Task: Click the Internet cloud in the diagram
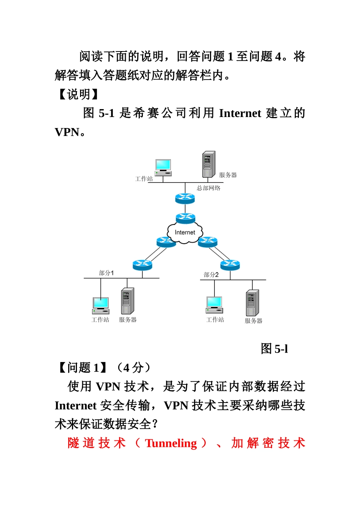coord(185,233)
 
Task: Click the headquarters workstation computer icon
coord(163,167)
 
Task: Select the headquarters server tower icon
coord(208,164)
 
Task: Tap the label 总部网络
coord(208,188)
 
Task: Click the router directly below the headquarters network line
coord(185,198)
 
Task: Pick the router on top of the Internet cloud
coord(185,218)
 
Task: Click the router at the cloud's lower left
coord(166,242)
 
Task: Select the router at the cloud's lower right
coord(208,242)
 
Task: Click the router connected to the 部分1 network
coord(142,265)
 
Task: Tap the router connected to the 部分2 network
coord(230,265)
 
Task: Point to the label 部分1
coord(106,273)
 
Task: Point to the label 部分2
coord(211,275)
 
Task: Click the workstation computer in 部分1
coord(101,306)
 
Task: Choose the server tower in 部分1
coord(127,301)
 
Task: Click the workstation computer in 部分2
coord(214,305)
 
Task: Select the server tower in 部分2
coord(252,303)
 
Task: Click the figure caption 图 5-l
coord(274,348)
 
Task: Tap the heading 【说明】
coord(78,94)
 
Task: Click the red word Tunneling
coord(171,443)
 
